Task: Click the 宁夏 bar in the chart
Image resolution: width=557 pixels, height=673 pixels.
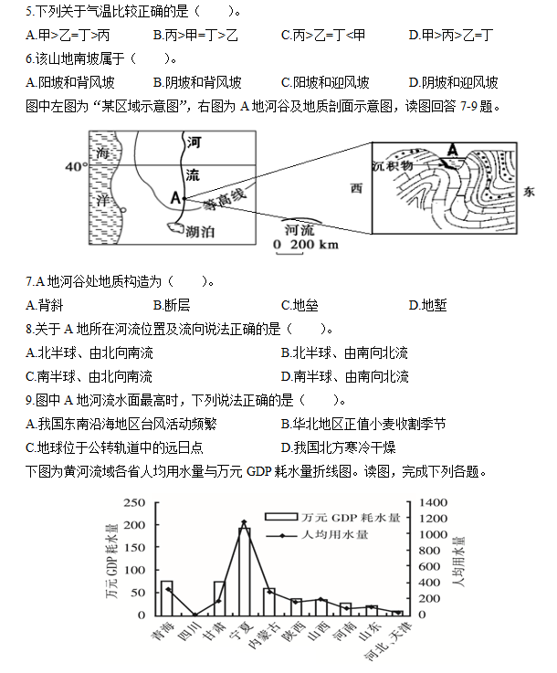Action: [x=244, y=571]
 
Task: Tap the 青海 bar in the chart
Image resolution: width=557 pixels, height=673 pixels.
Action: [x=167, y=597]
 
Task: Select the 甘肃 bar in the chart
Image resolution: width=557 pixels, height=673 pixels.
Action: [x=219, y=597]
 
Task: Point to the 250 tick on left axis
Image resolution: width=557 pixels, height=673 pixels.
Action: [x=134, y=503]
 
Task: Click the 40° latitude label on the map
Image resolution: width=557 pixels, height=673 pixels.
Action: [x=76, y=167]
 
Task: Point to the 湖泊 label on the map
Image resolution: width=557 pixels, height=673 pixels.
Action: [x=200, y=233]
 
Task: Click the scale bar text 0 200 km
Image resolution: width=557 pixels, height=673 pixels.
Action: [x=306, y=246]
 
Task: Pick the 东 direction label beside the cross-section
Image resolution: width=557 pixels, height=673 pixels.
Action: [x=530, y=192]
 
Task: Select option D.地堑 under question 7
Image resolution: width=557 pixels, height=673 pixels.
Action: [x=427, y=305]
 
